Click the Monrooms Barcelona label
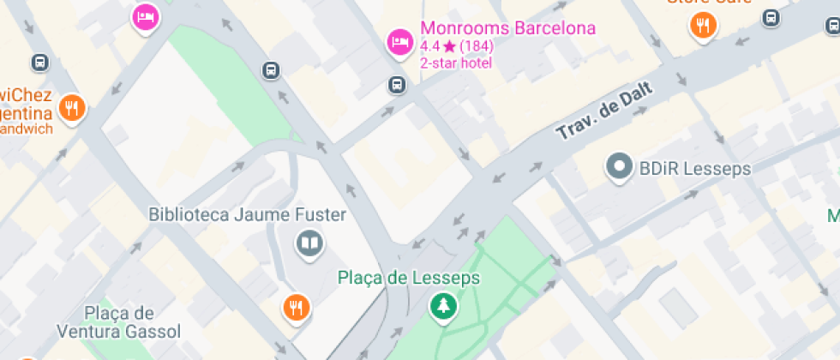coord(507,28)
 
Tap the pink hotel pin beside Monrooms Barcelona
coord(399,41)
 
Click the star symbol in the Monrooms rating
coord(449,46)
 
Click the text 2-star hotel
coord(456,63)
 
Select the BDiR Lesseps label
coord(695,169)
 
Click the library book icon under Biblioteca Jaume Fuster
coord(309,244)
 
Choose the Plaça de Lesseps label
coord(409,278)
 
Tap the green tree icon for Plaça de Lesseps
coord(443,305)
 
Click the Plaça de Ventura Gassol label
coord(119,322)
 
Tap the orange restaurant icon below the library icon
coord(296,307)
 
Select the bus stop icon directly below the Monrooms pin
coord(397,84)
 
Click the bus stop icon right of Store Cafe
coord(771,17)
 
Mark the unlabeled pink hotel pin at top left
coord(146,16)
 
